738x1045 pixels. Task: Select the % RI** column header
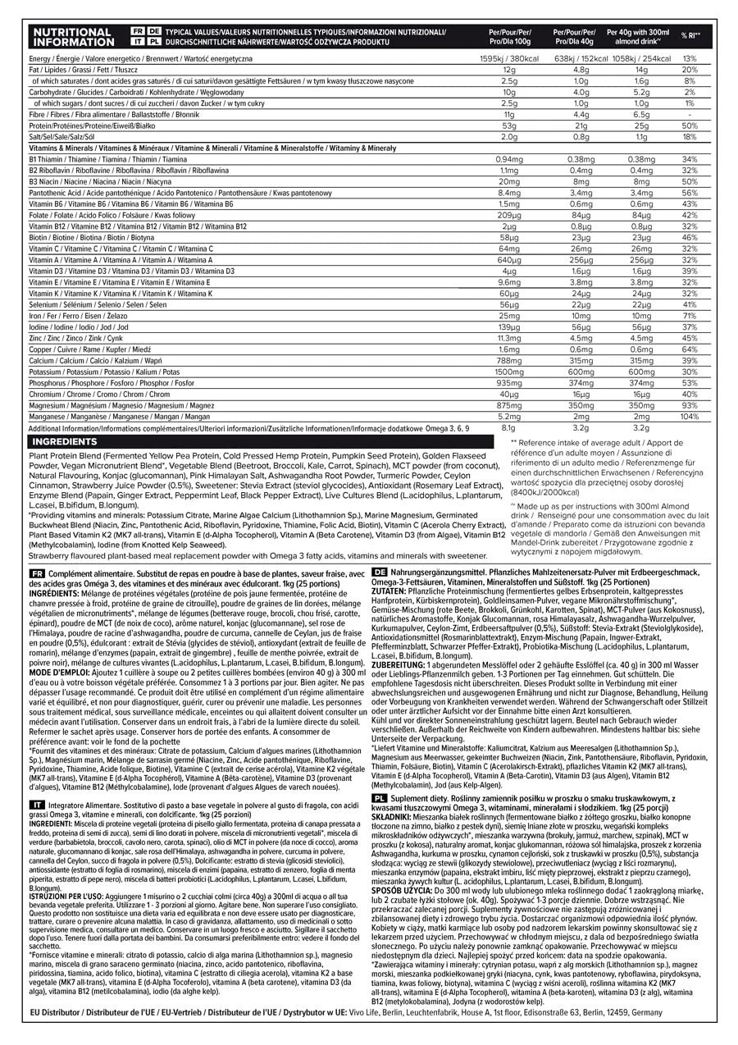tap(689, 36)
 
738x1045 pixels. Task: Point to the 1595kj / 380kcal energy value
tap(509, 59)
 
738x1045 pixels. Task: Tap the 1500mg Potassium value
tap(509, 372)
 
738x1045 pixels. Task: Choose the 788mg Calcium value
tap(509, 360)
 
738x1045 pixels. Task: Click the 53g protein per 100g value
tap(509, 125)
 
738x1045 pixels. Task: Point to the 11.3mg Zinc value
tap(509, 338)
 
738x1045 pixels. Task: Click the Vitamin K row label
tap(120, 294)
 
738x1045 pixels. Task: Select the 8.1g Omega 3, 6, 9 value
tap(508, 427)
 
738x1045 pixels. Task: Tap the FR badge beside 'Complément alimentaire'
tap(36, 572)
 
